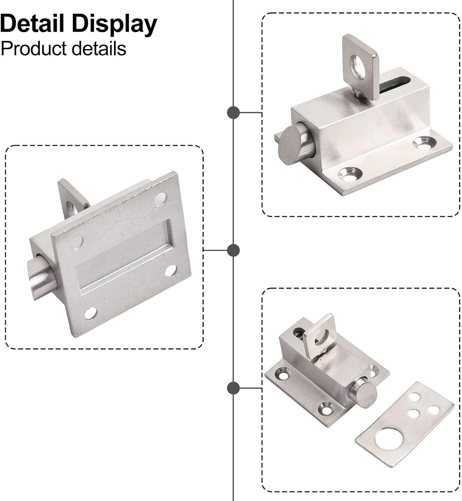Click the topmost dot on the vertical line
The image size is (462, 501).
click(233, 113)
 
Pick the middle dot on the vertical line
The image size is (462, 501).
click(233, 250)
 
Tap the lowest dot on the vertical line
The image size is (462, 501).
click(233, 388)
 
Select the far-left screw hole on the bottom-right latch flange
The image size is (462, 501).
click(284, 374)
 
